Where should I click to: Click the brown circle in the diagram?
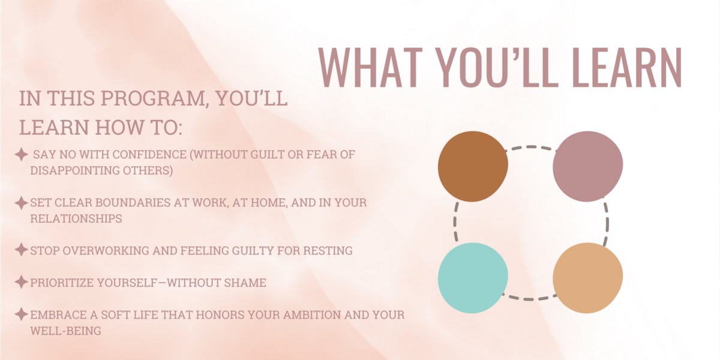coord(473,167)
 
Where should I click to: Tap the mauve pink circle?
coord(588,167)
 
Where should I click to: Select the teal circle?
coord(473,278)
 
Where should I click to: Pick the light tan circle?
coord(588,278)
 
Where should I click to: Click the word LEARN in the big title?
coord(627,67)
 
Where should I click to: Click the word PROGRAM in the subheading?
coord(153,98)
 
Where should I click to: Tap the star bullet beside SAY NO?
coord(21,155)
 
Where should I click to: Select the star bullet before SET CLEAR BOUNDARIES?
coord(21,203)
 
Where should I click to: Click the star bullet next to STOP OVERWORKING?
coord(21,250)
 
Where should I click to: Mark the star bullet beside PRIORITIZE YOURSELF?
coord(21,282)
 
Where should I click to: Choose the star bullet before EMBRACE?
coord(21,314)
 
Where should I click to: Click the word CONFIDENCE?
coord(149,155)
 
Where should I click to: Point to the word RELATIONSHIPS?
coord(76,219)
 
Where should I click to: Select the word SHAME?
coord(245,283)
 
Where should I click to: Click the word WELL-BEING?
coord(66,331)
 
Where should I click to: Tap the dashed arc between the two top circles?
coord(530,147)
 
